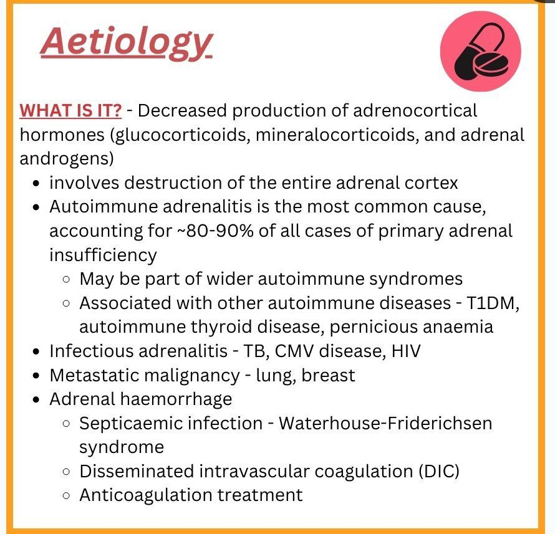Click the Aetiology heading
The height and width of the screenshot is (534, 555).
[127, 43]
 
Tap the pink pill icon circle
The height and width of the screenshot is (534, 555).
[480, 51]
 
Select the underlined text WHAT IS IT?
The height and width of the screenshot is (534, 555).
[70, 111]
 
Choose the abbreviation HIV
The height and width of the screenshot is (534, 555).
[406, 351]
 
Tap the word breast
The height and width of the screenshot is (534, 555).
[328, 375]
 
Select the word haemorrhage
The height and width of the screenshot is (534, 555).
[176, 399]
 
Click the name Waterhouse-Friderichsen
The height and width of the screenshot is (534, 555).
[385, 423]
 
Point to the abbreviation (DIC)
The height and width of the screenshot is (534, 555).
[438, 472]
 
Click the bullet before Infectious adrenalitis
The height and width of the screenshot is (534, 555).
[36, 352]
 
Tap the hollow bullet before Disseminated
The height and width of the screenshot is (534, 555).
[66, 472]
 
